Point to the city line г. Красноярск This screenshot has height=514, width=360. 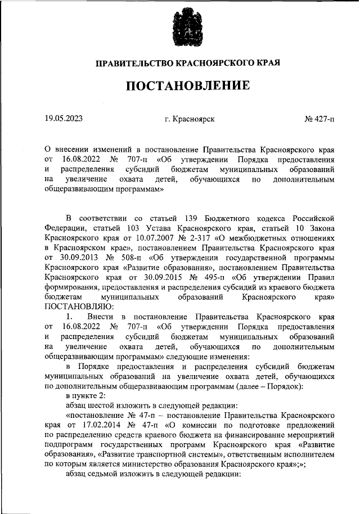point(190,119)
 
